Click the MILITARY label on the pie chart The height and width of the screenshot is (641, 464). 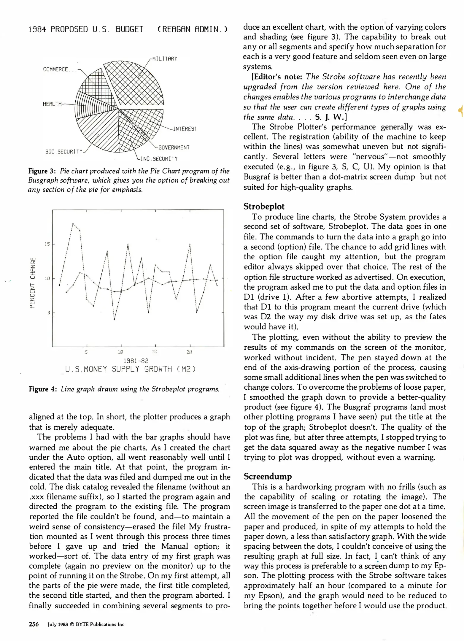(x=164, y=59)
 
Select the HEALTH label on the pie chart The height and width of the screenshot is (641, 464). (x=52, y=104)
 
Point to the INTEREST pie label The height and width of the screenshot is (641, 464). (x=185, y=129)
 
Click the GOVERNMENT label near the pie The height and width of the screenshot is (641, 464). (x=174, y=147)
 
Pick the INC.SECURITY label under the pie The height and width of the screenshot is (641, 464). (x=159, y=159)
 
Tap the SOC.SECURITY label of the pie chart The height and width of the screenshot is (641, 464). (x=63, y=152)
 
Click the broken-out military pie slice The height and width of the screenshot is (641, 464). (x=135, y=83)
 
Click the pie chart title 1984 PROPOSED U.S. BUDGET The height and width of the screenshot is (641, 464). (x=86, y=29)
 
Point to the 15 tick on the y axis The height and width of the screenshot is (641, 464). (x=47, y=244)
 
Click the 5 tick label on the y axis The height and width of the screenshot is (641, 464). (x=48, y=312)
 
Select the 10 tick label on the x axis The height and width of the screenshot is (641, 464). (x=120, y=352)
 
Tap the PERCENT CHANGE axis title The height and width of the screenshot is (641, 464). (x=33, y=283)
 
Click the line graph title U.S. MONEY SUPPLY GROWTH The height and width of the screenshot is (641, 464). (x=131, y=369)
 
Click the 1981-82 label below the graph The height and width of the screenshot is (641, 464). (x=136, y=361)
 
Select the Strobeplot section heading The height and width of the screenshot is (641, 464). (x=264, y=207)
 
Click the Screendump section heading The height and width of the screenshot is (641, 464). (x=268, y=476)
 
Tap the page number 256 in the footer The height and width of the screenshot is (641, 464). (x=34, y=624)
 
